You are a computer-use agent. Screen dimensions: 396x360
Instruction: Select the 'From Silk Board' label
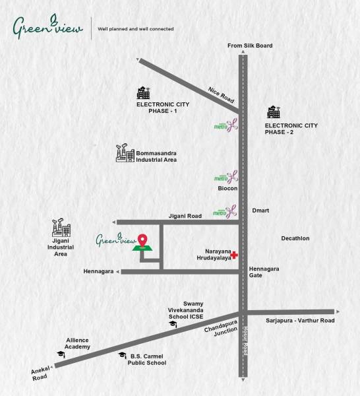pyautogui.click(x=250, y=46)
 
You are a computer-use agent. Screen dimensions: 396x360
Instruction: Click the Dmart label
pyautogui.click(x=261, y=211)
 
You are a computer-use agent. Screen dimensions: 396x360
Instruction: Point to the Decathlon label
pyautogui.click(x=295, y=238)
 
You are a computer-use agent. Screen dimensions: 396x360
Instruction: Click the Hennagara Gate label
pyautogui.click(x=264, y=271)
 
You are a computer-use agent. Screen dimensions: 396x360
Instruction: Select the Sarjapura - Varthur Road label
pyautogui.click(x=300, y=321)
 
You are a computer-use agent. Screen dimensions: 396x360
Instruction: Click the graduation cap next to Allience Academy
pyautogui.click(x=61, y=354)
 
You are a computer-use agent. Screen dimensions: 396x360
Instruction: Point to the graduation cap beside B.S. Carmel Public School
pyautogui.click(x=121, y=355)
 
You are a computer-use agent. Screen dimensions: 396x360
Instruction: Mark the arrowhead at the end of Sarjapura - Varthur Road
pyautogui.click(x=338, y=312)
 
